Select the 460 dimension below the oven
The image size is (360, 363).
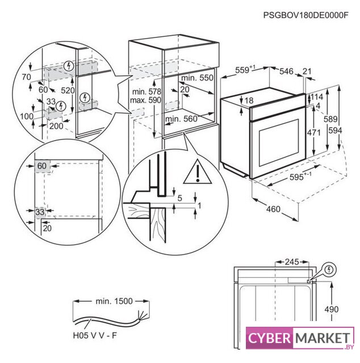(273, 209)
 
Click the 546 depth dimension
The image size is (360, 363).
(287, 71)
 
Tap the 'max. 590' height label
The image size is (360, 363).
(146, 100)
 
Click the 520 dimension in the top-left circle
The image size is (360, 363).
(68, 91)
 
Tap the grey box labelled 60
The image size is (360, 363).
(41, 166)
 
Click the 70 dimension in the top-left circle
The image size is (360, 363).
(26, 76)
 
